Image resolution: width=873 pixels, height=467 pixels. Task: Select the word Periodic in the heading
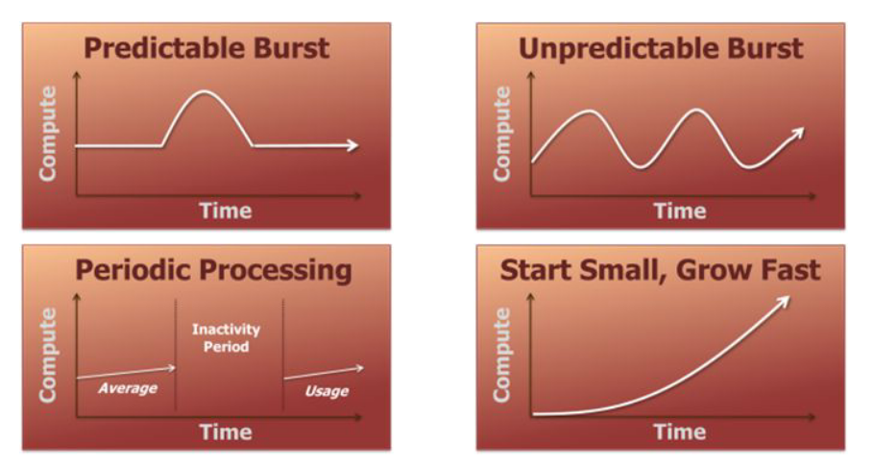coord(133,269)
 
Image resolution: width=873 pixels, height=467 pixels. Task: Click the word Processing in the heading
coord(276,271)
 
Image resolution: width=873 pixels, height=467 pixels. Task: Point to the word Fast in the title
coord(790,270)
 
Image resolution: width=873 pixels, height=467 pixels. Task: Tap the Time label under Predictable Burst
coord(226,210)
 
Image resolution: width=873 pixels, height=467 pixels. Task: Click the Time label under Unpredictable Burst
coord(680,210)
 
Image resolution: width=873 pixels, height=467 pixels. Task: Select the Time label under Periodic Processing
coord(226,431)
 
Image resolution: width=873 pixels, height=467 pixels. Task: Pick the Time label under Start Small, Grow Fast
coord(680,431)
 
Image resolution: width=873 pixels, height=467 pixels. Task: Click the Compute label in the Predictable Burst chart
coord(48,134)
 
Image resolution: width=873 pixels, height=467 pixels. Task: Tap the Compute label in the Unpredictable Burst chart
coord(502,134)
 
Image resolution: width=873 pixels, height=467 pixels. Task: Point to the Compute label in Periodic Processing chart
coord(48,355)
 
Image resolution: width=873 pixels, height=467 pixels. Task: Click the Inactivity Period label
coord(226,337)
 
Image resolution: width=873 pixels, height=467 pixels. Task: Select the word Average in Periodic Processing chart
coord(128,388)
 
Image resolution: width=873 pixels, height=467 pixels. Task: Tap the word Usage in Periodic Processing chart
coord(327,391)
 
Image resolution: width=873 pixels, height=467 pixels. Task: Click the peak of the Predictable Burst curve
coord(204,91)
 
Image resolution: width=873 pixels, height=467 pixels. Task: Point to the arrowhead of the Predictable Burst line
coord(352,146)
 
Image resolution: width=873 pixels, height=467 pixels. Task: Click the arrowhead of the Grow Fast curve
coord(784,302)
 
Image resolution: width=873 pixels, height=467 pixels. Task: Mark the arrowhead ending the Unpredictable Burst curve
coord(798,134)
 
